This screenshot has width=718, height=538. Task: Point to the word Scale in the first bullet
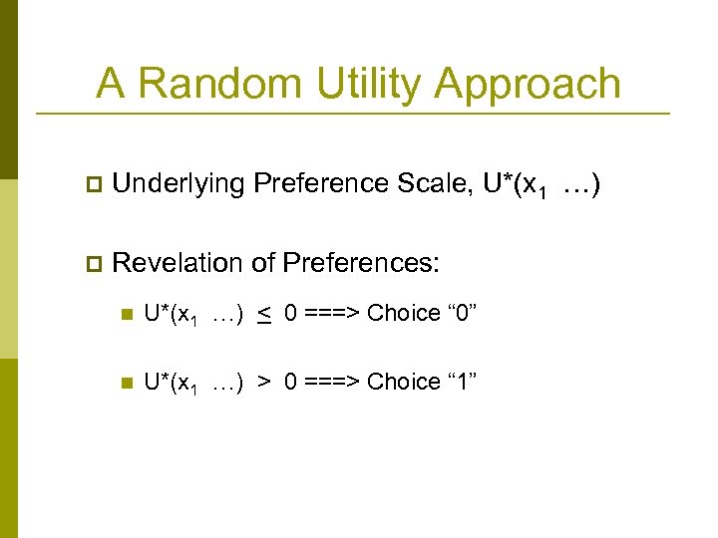coord(445,183)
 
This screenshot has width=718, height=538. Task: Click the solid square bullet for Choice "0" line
coord(125,315)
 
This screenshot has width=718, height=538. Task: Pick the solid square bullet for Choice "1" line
coord(125,384)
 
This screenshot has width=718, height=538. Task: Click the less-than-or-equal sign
coord(264,316)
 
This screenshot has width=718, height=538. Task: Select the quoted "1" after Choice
coord(461,382)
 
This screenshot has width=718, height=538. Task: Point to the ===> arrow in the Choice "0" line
coord(332,314)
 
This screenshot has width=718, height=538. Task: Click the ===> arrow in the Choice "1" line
coord(332,383)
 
